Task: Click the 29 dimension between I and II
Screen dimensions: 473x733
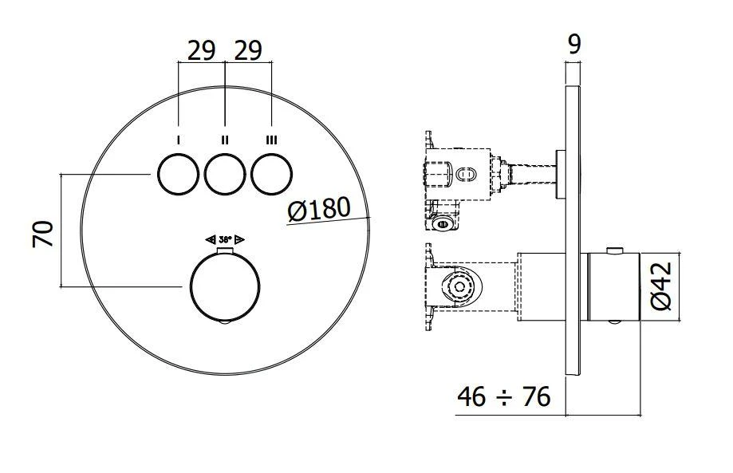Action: tap(201, 50)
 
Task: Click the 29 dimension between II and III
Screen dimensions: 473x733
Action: tap(248, 50)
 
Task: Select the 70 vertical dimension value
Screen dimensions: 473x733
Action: tap(44, 233)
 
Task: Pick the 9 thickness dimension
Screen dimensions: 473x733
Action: tap(573, 44)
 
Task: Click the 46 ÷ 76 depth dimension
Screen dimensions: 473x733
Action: tap(504, 396)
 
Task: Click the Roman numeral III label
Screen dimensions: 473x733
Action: tap(271, 140)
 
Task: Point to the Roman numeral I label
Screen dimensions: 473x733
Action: tap(178, 140)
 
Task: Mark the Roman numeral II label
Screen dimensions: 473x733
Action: tap(225, 140)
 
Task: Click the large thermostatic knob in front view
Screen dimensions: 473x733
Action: tap(225, 287)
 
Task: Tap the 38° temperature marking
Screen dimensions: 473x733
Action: tap(225, 238)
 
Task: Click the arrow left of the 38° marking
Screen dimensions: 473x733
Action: tap(211, 238)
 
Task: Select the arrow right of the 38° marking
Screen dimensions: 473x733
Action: tap(239, 238)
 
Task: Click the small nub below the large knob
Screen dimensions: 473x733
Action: tap(225, 324)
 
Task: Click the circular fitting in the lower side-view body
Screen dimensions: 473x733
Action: tap(459, 287)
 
